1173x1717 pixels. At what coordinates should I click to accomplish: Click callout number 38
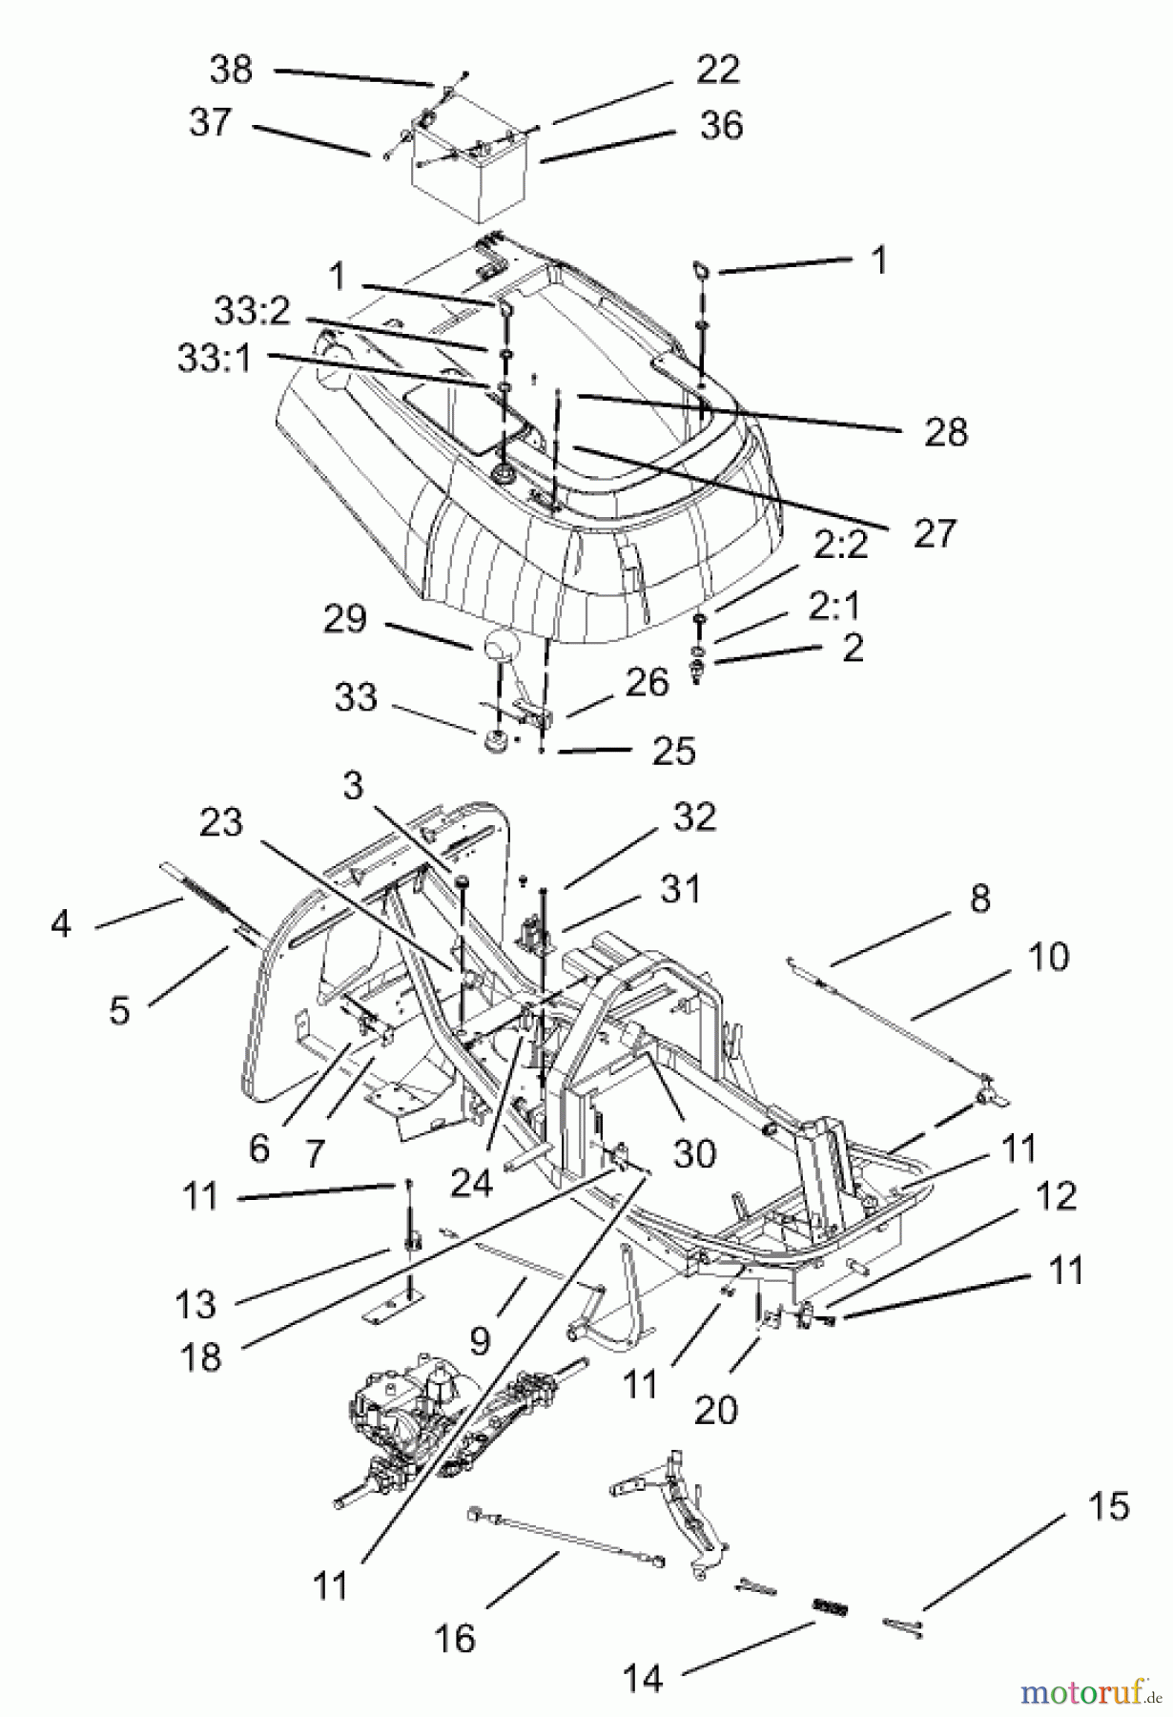(231, 71)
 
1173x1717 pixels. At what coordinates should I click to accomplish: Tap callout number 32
(692, 817)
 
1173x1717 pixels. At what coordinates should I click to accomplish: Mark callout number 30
(693, 1152)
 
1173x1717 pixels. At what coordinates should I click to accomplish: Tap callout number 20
(715, 1409)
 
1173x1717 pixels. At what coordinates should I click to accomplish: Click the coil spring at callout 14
(830, 1605)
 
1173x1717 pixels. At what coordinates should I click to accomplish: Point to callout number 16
(455, 1639)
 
